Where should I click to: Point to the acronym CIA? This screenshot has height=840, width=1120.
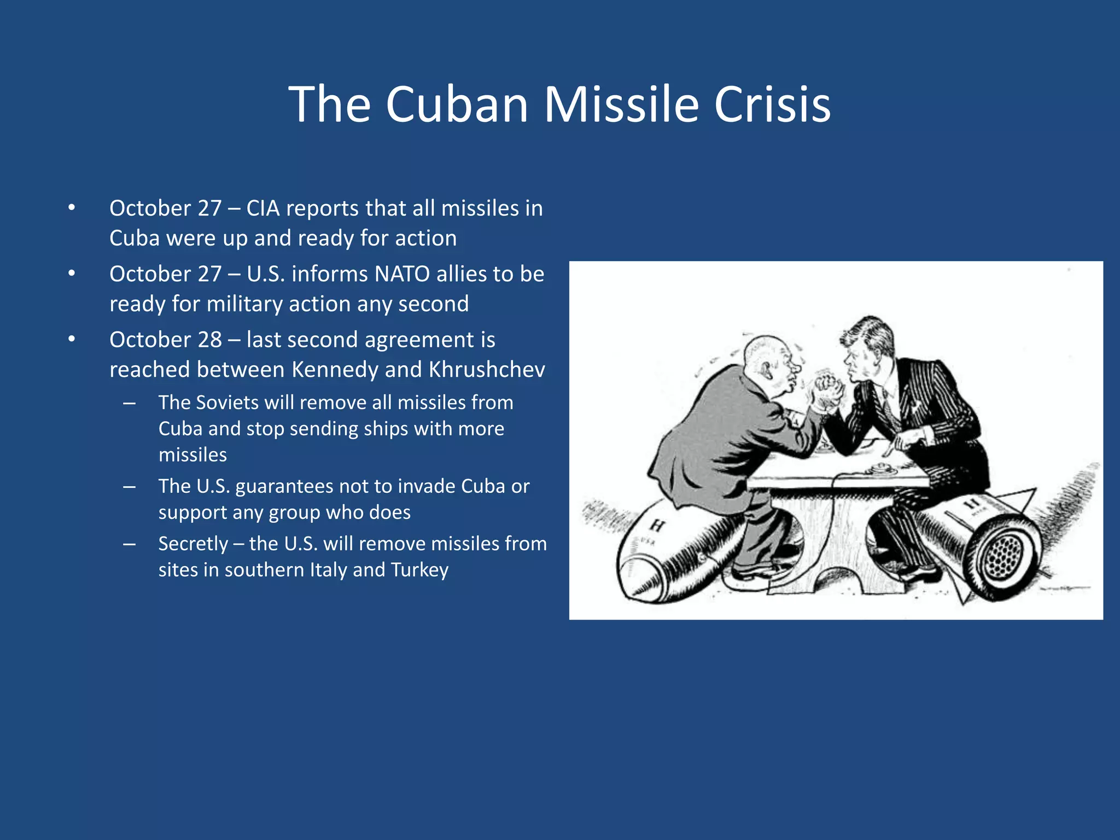[x=263, y=208]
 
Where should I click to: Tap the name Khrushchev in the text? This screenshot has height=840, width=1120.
[x=487, y=370]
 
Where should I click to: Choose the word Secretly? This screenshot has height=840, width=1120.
[x=193, y=544]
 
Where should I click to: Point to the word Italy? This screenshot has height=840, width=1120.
[x=328, y=570]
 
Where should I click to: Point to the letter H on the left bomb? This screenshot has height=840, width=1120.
[x=657, y=526]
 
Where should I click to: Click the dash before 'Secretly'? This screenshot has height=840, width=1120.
[x=130, y=544]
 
